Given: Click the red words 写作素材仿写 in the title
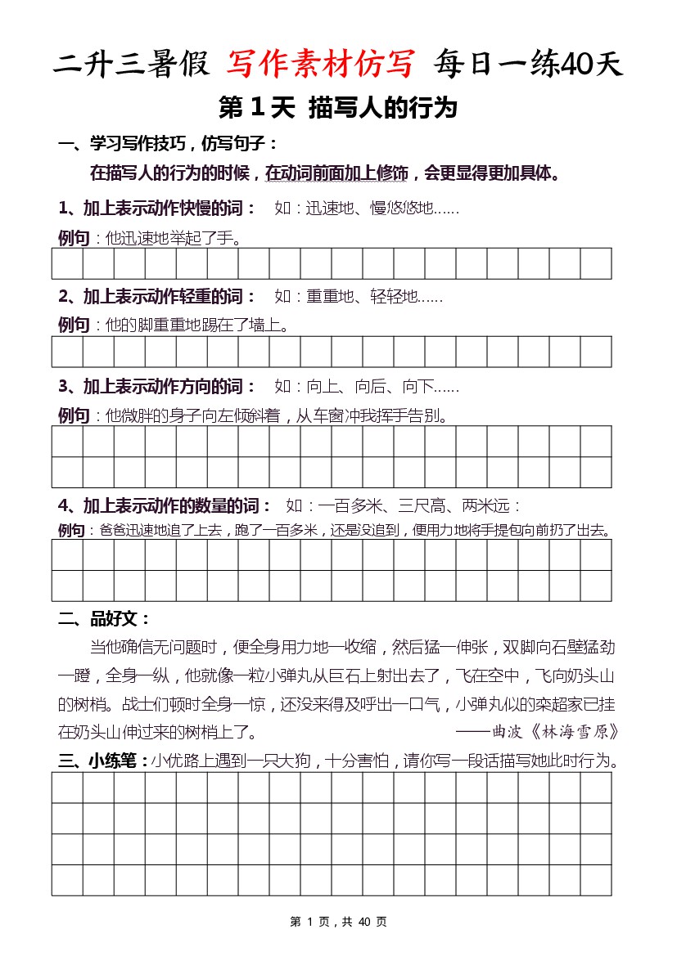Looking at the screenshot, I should pos(323,63).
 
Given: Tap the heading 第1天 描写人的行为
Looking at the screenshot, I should pos(337,107).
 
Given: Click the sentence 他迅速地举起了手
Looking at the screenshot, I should pos(173,238).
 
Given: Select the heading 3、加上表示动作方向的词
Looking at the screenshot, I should pos(157,386).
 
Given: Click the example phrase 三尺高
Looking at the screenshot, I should pos(422,505).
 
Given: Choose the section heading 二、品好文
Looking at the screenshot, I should pos(104,619).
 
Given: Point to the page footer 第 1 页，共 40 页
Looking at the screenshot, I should pos(338,922).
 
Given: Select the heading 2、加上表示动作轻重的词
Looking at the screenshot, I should pos(157,296).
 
